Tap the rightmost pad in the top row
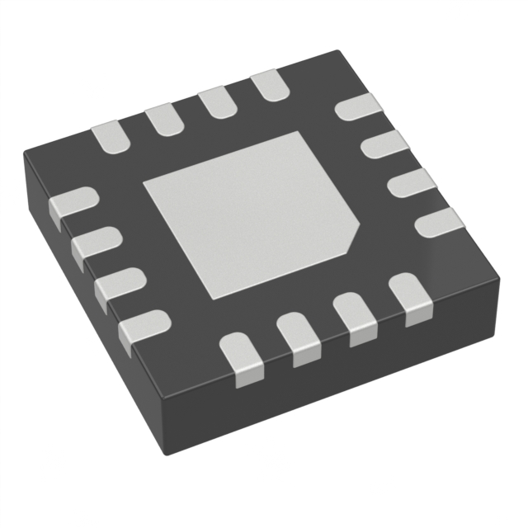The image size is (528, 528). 266,85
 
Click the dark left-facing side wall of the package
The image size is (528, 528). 91,355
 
